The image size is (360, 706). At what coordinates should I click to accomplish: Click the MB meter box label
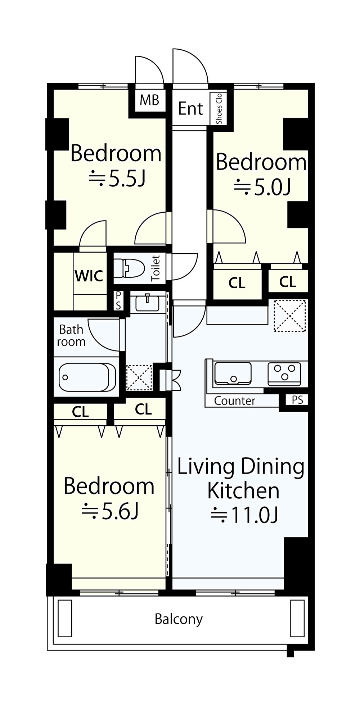click(149, 100)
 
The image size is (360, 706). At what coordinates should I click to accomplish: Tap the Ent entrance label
click(191, 108)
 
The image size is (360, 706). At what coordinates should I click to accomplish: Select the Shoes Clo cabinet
click(219, 108)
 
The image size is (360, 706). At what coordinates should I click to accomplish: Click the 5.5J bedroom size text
click(117, 178)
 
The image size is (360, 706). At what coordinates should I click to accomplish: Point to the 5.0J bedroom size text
click(262, 187)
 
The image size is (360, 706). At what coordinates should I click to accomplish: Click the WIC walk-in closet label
click(89, 276)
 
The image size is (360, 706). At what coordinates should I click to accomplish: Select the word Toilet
click(156, 268)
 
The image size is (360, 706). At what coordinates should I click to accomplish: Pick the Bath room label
click(71, 335)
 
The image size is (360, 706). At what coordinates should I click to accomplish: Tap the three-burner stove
click(284, 373)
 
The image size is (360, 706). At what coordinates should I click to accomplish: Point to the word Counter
click(235, 401)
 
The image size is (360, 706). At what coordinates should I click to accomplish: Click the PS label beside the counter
click(297, 400)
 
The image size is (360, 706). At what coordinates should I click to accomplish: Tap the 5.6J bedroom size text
click(111, 511)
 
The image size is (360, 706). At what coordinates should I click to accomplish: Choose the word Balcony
click(179, 619)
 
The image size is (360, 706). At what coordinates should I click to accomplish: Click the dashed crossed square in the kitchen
click(290, 316)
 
